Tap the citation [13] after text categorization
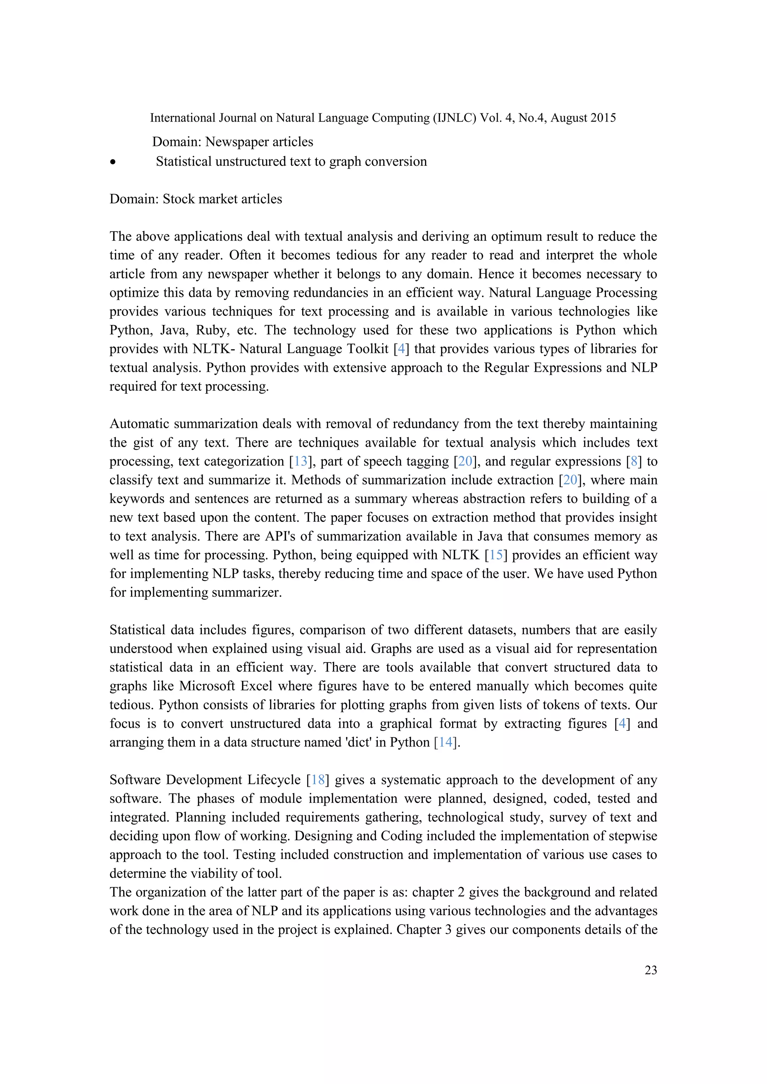[x=301, y=461]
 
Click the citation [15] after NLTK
[x=496, y=555]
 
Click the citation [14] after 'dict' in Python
[x=445, y=742]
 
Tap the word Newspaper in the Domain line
[x=235, y=142]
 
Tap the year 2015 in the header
[x=604, y=118]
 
